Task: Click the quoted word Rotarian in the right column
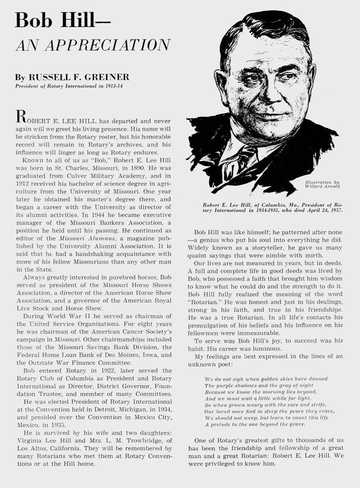tap(211, 299)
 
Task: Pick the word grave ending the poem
tap(296, 424)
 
